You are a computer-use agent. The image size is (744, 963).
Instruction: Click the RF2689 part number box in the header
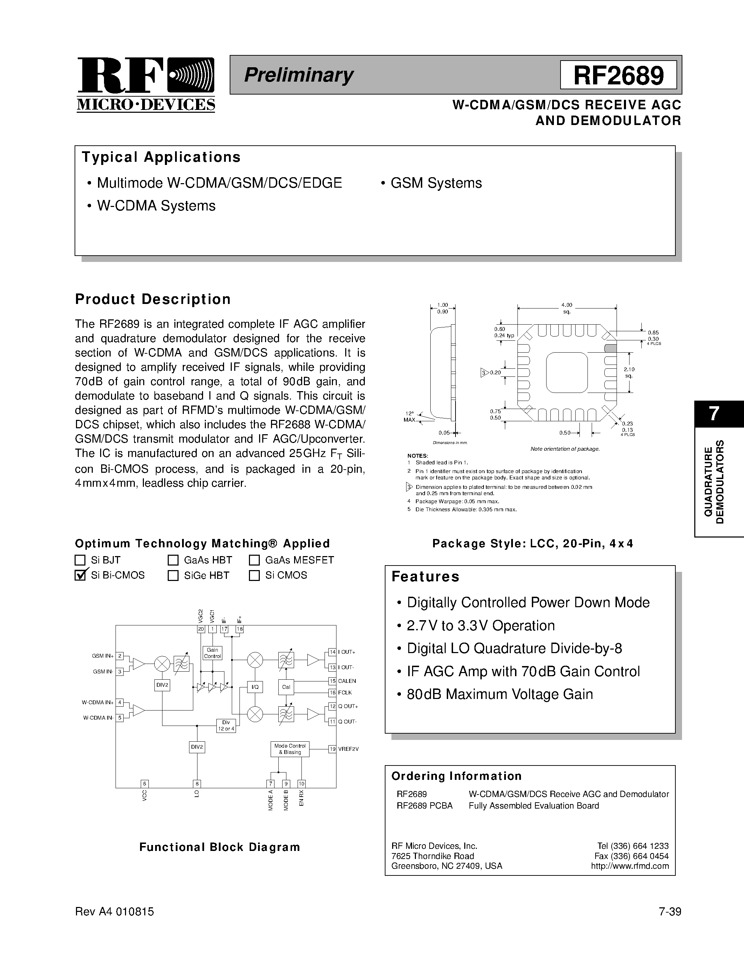pos(618,75)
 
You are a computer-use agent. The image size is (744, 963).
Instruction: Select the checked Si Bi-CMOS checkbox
pos(80,575)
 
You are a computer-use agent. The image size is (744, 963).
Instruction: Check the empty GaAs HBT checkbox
pos(173,560)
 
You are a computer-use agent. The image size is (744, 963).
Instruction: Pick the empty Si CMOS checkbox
pos(254,575)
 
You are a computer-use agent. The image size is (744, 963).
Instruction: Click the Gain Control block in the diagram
pos(213,653)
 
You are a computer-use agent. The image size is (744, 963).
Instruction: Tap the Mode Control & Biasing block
pos(290,749)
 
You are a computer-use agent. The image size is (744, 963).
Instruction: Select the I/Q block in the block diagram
pos(255,687)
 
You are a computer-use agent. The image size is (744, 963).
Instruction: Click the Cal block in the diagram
pos(286,687)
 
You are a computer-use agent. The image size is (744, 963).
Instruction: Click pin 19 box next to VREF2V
pos(332,749)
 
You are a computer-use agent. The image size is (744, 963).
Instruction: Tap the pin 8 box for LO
pos(197,784)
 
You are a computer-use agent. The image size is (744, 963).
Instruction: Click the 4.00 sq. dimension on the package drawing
pos(567,308)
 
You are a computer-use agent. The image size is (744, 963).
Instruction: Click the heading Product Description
pos(153,299)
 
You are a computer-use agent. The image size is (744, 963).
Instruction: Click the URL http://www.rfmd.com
pos(630,866)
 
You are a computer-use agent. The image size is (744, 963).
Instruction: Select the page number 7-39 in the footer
pos(670,912)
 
